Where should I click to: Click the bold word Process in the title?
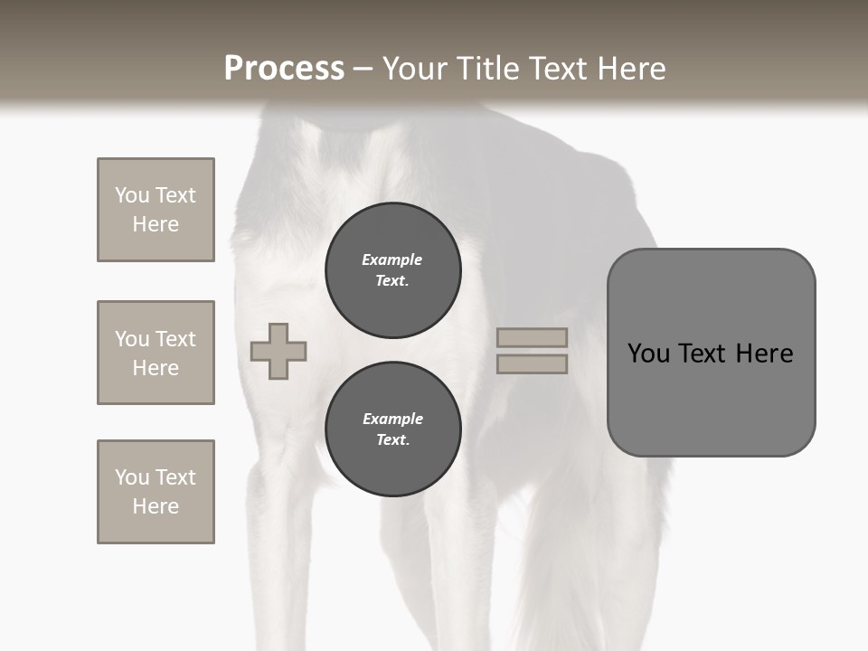284,69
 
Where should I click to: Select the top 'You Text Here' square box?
156,210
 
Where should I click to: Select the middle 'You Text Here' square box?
156,353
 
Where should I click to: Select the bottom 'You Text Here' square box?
156,492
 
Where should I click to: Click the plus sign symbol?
278,351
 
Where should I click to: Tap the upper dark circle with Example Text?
392,269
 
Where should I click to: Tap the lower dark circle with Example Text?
392,429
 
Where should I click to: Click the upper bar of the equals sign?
532,337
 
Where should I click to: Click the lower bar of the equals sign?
532,363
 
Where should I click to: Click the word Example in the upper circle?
392,259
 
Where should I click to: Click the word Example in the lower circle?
392,419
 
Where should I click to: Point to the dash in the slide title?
363,70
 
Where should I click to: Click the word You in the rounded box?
648,353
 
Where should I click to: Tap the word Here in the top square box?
156,224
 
